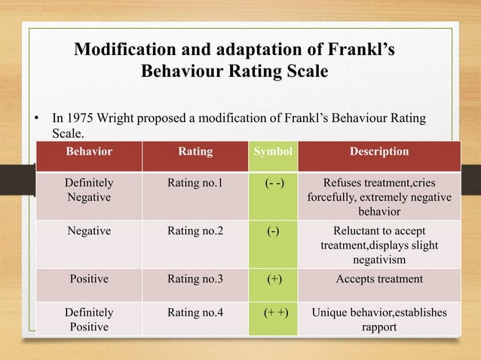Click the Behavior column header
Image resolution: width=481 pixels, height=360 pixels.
pos(89,152)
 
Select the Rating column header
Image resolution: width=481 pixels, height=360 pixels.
pos(195,152)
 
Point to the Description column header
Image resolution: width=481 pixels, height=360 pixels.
pos(379,152)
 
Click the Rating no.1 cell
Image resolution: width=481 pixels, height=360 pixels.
pos(195,182)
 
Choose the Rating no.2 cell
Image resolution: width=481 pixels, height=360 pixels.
pos(195,231)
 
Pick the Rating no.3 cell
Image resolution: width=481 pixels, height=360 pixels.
pos(195,279)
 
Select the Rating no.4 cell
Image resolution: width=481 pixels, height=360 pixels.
pos(195,312)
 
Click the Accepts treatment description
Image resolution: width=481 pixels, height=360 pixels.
pos(379,279)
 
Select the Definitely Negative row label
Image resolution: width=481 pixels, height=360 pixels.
pos(89,189)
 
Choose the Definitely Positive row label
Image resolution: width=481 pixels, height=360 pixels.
pos(89,319)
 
